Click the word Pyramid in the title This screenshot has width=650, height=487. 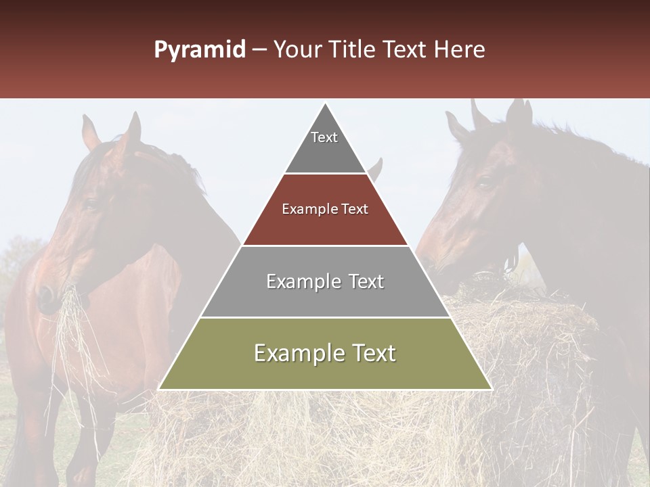point(199,50)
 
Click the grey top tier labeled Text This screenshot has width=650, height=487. point(324,145)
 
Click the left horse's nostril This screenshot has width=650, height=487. point(45,295)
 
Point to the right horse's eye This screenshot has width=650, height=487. point(485,181)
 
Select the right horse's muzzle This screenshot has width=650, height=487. point(431,260)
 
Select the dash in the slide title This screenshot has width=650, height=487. point(258,50)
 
